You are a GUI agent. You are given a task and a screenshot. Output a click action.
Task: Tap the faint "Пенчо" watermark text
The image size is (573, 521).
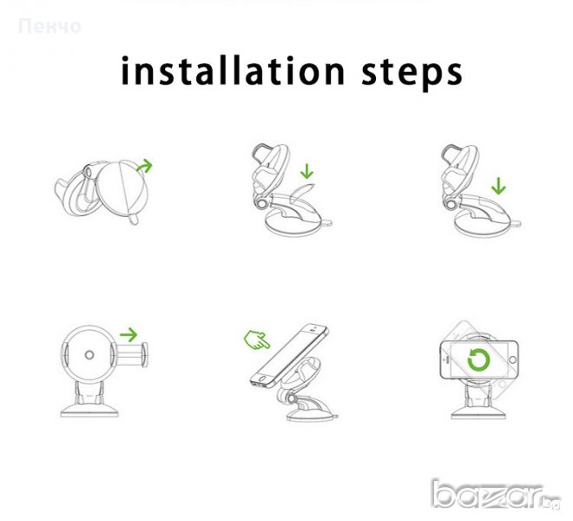[49, 27]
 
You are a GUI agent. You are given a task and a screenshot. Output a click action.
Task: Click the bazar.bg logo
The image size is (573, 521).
[496, 495]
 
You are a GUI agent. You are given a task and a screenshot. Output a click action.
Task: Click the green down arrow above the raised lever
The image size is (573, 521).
[307, 171]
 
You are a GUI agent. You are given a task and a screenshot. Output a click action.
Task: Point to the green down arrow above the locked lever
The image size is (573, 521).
[498, 186]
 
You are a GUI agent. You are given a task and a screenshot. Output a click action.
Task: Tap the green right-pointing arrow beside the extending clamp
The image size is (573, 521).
[128, 334]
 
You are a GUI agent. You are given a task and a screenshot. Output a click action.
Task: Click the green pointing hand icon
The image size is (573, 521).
[257, 340]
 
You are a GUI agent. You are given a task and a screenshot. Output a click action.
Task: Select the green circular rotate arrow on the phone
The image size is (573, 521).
[478, 360]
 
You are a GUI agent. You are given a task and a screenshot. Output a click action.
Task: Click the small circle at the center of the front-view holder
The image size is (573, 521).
[89, 354]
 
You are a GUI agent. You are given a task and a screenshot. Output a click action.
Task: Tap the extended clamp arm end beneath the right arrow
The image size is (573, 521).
[145, 354]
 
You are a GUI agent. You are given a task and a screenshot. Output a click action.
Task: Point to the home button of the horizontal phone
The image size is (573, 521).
[512, 360]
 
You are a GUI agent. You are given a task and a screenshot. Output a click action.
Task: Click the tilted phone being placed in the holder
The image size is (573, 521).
[289, 356]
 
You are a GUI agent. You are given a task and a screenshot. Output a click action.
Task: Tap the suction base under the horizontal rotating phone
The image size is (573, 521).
[478, 412]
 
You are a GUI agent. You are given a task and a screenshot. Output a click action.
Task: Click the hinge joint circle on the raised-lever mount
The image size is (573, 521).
[261, 204]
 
